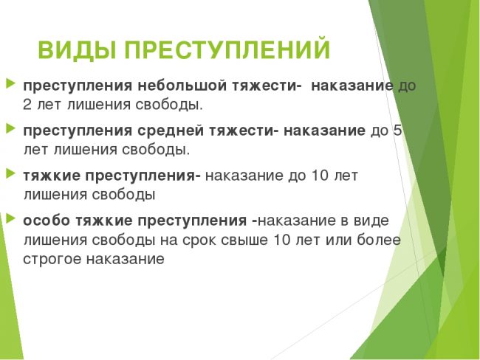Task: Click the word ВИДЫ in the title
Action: pyautogui.click(x=77, y=49)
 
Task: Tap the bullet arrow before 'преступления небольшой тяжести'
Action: pyautogui.click(x=10, y=83)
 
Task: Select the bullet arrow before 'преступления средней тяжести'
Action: pyautogui.click(x=10, y=128)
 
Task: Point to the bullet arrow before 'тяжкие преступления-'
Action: pyautogui.click(x=10, y=174)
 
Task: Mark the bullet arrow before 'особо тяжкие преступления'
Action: pyautogui.click(x=10, y=218)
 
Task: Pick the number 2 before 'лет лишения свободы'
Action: pyautogui.click(x=27, y=105)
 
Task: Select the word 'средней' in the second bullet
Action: pyautogui.click(x=171, y=131)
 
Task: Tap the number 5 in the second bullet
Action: pyautogui.click(x=397, y=131)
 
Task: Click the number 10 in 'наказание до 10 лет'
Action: pyautogui.click(x=320, y=176)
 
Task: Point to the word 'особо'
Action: pyautogui.click(x=47, y=221)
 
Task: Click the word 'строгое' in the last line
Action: pyautogui.click(x=52, y=260)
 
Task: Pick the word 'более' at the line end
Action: pyautogui.click(x=379, y=240)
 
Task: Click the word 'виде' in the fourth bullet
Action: pyautogui.click(x=371, y=221)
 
